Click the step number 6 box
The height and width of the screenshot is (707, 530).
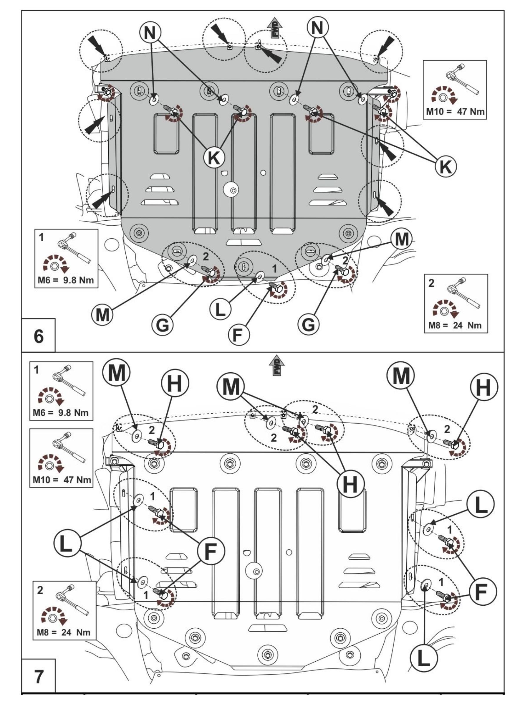pyautogui.click(x=38, y=336)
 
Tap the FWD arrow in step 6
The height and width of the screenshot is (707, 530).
pyautogui.click(x=275, y=28)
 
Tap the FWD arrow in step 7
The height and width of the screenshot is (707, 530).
pyautogui.click(x=277, y=365)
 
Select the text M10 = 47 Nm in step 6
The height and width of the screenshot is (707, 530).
pyautogui.click(x=455, y=112)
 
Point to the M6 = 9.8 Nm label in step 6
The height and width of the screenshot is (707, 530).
pyautogui.click(x=66, y=280)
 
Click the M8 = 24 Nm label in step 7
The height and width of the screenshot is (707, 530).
pyautogui.click(x=64, y=632)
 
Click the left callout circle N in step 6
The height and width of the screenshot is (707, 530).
pyautogui.click(x=150, y=32)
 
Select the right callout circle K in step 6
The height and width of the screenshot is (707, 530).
pyautogui.click(x=446, y=166)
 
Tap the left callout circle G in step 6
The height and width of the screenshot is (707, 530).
pyautogui.click(x=162, y=325)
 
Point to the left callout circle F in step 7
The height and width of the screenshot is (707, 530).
pyautogui.click(x=211, y=551)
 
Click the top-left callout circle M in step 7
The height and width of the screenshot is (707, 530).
pyautogui.click(x=116, y=373)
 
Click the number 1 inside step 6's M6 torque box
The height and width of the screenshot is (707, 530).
pyautogui.click(x=41, y=237)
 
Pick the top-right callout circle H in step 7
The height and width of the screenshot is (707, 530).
pyautogui.click(x=484, y=387)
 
